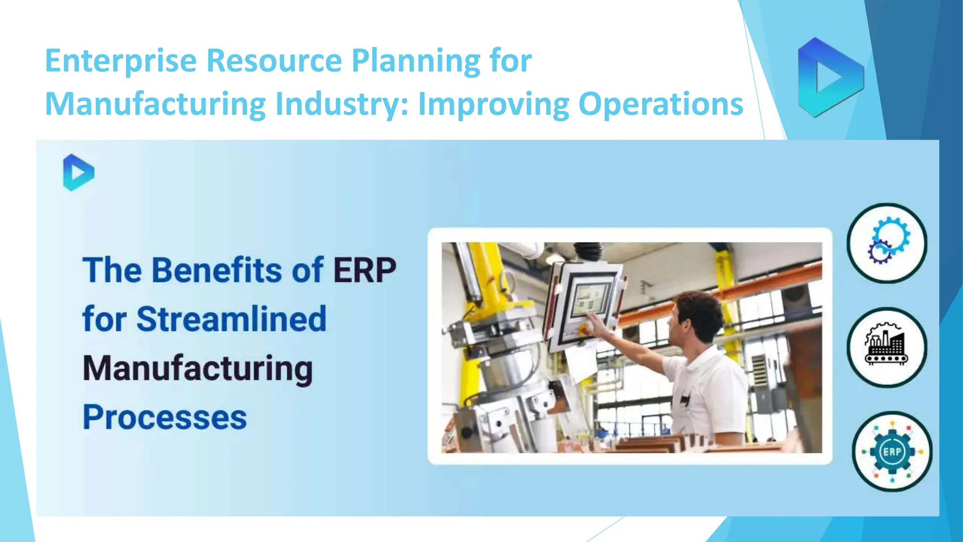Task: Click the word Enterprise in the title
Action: (121, 61)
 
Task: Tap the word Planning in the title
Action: (416, 61)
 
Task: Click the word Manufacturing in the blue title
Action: (156, 104)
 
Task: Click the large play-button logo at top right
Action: (830, 77)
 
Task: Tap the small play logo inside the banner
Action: (79, 173)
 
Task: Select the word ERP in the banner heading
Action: (365, 271)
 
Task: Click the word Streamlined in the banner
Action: (231, 319)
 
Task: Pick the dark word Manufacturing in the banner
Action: (197, 368)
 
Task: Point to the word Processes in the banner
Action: (165, 417)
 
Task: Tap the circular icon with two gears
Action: (887, 243)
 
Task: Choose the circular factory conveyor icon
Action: (887, 347)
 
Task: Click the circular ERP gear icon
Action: (892, 452)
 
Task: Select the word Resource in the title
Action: (274, 61)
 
